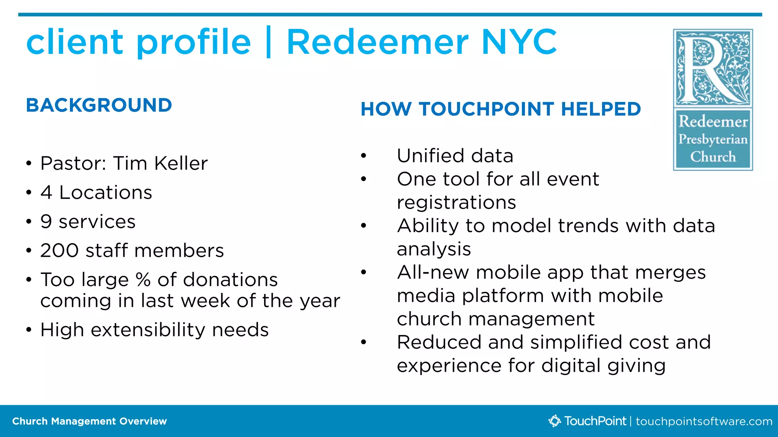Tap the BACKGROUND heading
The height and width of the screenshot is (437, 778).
pyautogui.click(x=99, y=105)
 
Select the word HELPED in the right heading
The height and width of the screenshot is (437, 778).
pyautogui.click(x=601, y=109)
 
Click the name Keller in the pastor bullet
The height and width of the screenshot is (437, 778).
pyautogui.click(x=181, y=163)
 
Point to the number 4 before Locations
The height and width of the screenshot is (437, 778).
pyautogui.click(x=46, y=192)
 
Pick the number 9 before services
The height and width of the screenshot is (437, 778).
pyautogui.click(x=46, y=222)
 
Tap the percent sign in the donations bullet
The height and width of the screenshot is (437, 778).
pyautogui.click(x=143, y=280)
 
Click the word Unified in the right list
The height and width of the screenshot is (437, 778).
pyautogui.click(x=431, y=156)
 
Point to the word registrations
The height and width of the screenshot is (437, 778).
pyautogui.click(x=456, y=203)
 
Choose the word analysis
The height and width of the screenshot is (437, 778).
pyautogui.click(x=434, y=249)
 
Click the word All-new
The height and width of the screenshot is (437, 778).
pyautogui.click(x=433, y=273)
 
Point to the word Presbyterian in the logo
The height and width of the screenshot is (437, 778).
pyautogui.click(x=713, y=139)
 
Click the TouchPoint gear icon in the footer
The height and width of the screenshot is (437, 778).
pyautogui.click(x=555, y=421)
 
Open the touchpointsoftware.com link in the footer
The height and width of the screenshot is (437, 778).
pyautogui.click(x=704, y=421)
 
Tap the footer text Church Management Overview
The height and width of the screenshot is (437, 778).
pyautogui.click(x=89, y=421)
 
